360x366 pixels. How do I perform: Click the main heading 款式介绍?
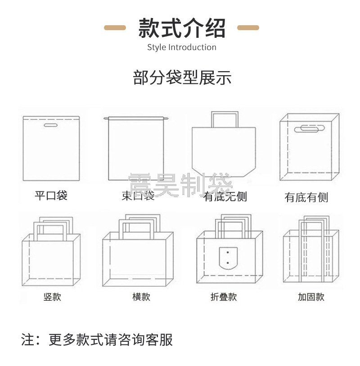pos(182,28)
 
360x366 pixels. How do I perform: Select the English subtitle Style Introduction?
pos(182,47)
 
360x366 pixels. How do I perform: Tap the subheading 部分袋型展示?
pos(182,77)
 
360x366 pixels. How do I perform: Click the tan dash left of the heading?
pos(115,28)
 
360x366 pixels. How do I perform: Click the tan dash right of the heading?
pos(248,28)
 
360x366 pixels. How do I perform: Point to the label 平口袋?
pos(51,195)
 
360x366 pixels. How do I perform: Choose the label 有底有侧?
pos(306,197)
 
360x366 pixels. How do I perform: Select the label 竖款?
pos(52,297)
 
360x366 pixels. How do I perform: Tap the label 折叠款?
pos(223,297)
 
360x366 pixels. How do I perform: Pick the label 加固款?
pos(311,297)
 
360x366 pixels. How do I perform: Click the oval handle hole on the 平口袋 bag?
pos(51,125)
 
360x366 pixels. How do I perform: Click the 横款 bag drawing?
pos(137,257)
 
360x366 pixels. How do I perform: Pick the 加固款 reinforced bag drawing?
pos(311,252)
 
